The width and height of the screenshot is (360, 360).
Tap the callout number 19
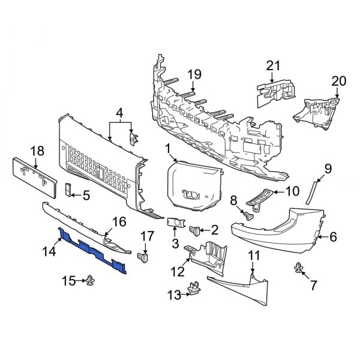click(x=193, y=75)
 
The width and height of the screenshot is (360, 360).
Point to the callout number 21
click(x=273, y=66)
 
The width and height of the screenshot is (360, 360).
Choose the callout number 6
click(x=334, y=238)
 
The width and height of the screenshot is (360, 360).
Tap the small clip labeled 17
click(x=144, y=258)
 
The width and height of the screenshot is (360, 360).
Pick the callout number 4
click(x=119, y=112)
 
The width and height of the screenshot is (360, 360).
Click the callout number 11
click(x=253, y=256)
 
